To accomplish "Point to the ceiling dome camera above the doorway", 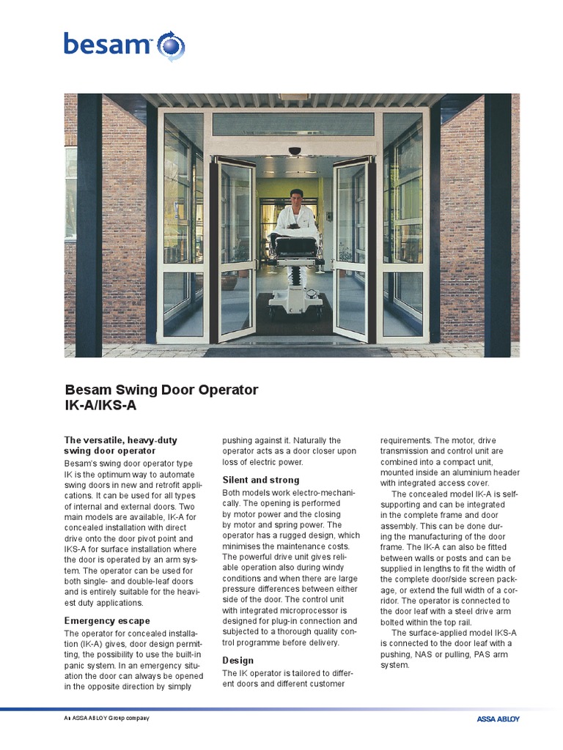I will [295, 152].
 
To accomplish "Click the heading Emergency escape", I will [107, 621].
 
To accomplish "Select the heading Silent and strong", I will [261, 480].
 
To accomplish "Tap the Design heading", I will [238, 660].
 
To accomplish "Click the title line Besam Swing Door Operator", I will [161, 390].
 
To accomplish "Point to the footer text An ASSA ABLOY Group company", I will [107, 719].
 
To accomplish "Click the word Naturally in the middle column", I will [310, 440].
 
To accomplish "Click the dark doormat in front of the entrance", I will [296, 352].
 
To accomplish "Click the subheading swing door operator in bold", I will [109, 451].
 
